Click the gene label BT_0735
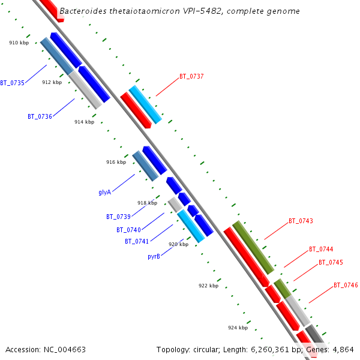[x=12, y=83]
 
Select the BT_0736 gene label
[x=40, y=116]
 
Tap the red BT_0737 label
[x=191, y=77]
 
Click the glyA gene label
[x=104, y=193]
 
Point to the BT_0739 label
[x=118, y=217]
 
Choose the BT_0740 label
[x=128, y=230]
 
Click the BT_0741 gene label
[x=137, y=241]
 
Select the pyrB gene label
[x=154, y=256]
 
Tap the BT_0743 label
[x=301, y=221]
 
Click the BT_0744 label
[x=321, y=249]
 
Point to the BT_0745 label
[x=331, y=262]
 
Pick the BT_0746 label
[x=346, y=285]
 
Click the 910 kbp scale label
[x=19, y=43]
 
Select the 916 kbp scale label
[x=116, y=162]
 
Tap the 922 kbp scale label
[x=208, y=286]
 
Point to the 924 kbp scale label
[x=238, y=328]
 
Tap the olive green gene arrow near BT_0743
[x=253, y=247]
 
